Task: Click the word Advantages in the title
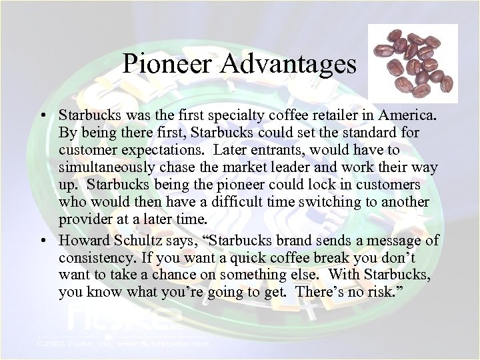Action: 287,65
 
